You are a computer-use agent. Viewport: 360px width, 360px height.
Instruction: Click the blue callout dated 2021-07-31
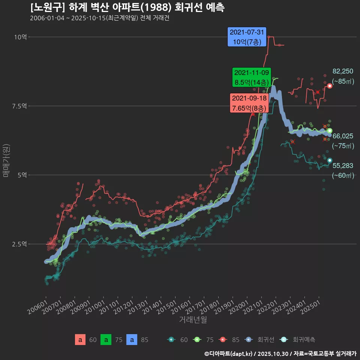tap(247, 37)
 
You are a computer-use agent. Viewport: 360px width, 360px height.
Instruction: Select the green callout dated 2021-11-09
tap(251, 77)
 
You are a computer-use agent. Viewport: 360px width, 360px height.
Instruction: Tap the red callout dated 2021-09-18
tap(249, 103)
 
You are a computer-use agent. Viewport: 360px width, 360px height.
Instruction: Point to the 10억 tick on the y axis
tap(21, 37)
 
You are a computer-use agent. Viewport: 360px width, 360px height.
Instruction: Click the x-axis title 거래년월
tap(193, 319)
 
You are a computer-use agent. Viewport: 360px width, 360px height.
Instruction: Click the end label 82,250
tap(343, 71)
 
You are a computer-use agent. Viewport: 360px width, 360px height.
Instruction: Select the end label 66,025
tap(343, 136)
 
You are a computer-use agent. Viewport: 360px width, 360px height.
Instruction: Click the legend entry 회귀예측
tap(304, 340)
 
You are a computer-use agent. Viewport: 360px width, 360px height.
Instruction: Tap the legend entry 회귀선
tap(266, 340)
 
